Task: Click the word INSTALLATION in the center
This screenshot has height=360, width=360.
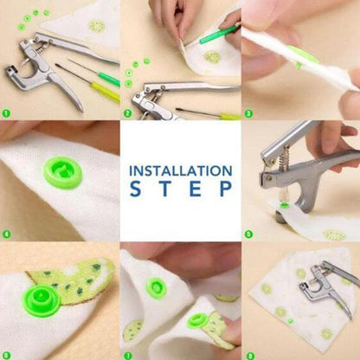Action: [x=180, y=170]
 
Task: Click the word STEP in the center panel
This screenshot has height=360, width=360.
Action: [x=180, y=190]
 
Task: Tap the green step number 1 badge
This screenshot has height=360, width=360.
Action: [x=6, y=112]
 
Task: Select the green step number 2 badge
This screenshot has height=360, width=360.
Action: [x=127, y=112]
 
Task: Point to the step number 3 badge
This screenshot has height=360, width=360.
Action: [x=248, y=112]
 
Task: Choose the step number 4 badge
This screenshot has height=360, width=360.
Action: [x=6, y=234]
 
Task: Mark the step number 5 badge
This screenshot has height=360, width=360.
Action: [x=248, y=234]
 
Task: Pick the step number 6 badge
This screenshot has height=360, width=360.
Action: [x=6, y=354]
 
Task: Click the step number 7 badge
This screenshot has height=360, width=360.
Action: [x=127, y=354]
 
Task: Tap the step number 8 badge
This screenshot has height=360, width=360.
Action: [x=248, y=354]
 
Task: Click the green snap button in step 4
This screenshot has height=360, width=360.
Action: [x=62, y=170]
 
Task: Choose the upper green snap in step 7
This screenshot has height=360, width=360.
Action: [x=156, y=287]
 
